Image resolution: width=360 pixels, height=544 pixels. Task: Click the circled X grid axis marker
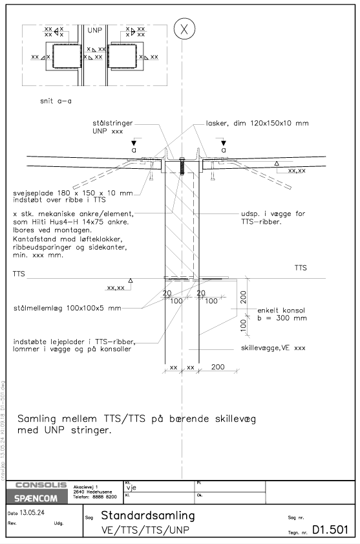tap(184, 29)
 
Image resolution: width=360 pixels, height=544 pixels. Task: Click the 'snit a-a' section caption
tap(56, 102)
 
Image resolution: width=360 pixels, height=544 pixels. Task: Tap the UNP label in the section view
tap(94, 30)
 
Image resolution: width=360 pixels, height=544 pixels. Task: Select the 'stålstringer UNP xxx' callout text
tap(112, 127)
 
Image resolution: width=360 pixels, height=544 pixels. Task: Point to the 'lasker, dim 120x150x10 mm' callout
tap(257, 123)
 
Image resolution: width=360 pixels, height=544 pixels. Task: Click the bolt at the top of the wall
tap(182, 166)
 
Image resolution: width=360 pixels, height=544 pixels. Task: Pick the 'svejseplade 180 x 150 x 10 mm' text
tap(73, 193)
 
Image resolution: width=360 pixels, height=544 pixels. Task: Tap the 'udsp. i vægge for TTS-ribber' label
tap(273, 217)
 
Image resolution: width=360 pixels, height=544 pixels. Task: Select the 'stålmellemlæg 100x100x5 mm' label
tap(67, 308)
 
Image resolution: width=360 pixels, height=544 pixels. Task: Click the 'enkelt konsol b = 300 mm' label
tap(282, 314)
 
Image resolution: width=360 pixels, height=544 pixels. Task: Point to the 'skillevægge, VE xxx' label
tap(273, 348)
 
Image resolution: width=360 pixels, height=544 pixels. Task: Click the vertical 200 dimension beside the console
tap(243, 298)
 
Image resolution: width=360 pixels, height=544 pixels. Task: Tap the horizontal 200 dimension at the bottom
tap(218, 367)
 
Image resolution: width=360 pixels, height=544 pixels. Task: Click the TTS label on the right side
tap(301, 268)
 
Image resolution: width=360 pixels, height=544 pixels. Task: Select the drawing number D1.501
tap(330, 529)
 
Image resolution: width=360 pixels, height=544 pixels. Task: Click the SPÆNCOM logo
tap(36, 498)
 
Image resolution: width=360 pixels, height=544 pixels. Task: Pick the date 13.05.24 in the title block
tap(32, 513)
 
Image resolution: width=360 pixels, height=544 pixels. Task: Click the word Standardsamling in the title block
tap(148, 516)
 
